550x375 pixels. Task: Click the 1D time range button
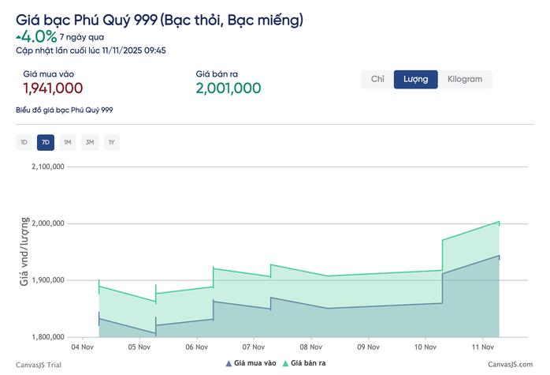coord(24,143)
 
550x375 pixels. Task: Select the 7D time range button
coord(46,143)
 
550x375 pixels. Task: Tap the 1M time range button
coord(68,143)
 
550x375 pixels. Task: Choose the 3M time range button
coord(90,143)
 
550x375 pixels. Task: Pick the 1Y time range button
coord(112,143)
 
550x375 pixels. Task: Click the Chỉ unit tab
coord(377,79)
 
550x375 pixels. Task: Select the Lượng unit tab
coord(415,79)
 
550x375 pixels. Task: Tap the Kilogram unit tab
coord(465,79)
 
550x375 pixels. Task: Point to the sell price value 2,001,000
coord(229,88)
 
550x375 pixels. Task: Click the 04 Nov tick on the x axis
coord(83,347)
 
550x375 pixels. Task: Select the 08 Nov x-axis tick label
coord(311,347)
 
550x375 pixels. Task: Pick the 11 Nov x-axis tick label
coord(482,347)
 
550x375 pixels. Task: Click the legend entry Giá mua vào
coord(251,363)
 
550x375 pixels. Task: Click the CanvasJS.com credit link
coord(511,364)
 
